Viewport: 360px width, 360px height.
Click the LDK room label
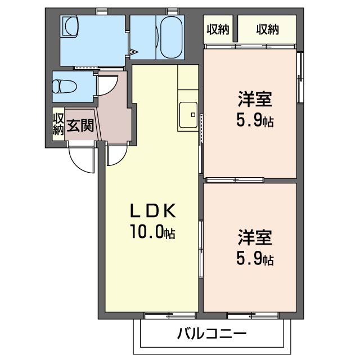click(154, 211)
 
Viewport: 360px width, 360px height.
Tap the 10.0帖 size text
click(154, 232)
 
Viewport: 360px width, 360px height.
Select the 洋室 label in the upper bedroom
click(255, 100)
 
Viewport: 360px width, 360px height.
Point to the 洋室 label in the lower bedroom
click(255, 237)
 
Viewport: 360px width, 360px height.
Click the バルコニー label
click(212, 334)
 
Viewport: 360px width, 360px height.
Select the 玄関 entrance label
click(80, 124)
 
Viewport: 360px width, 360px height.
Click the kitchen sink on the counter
click(188, 116)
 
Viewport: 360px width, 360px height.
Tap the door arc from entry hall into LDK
click(116, 155)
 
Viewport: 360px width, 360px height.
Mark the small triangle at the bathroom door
click(134, 53)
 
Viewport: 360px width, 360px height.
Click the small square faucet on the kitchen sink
click(192, 115)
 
